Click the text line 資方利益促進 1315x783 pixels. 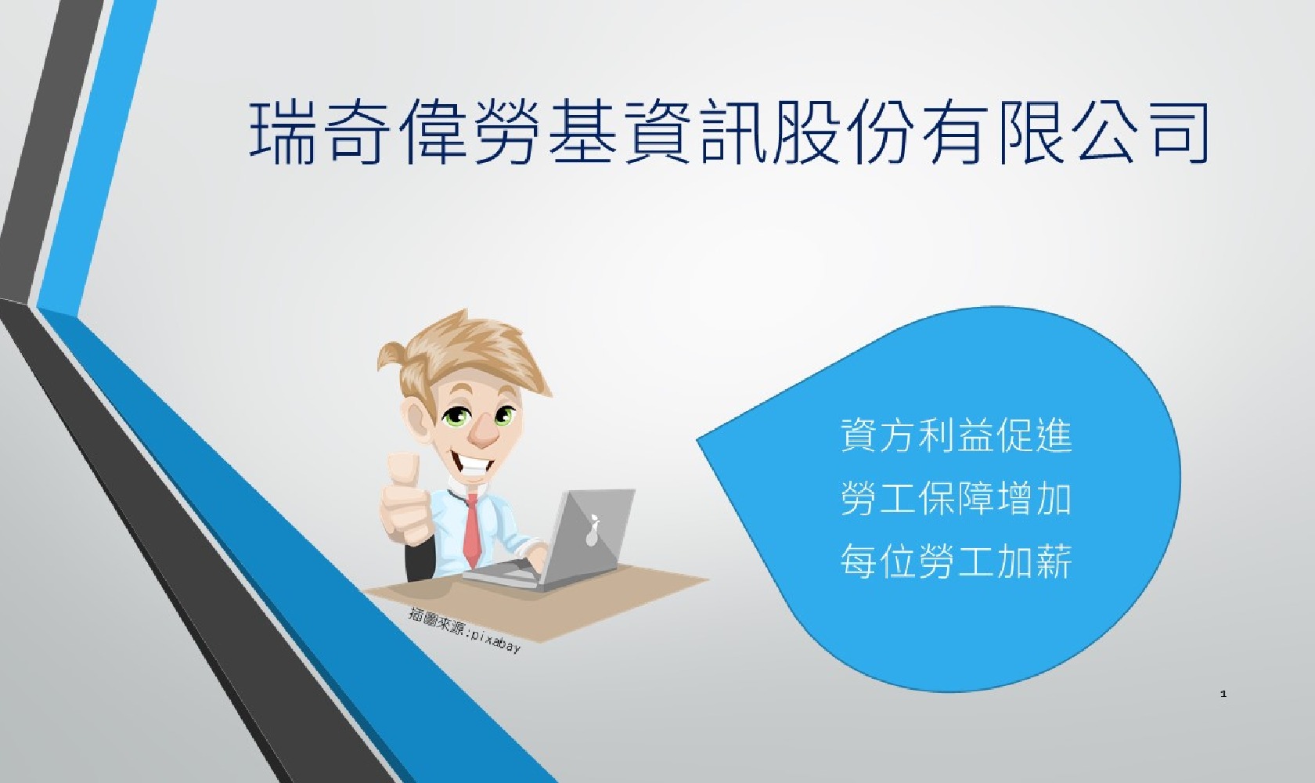(x=957, y=435)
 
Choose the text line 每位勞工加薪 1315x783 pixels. (x=957, y=561)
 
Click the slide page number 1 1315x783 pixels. (x=1223, y=694)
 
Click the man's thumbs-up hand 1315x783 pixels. (x=404, y=500)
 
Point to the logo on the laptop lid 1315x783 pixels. (x=593, y=531)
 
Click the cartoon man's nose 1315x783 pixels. (x=485, y=431)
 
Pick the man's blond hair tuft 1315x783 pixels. (x=463, y=352)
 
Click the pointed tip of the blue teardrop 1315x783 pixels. (x=697, y=440)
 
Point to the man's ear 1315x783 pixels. (x=418, y=417)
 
